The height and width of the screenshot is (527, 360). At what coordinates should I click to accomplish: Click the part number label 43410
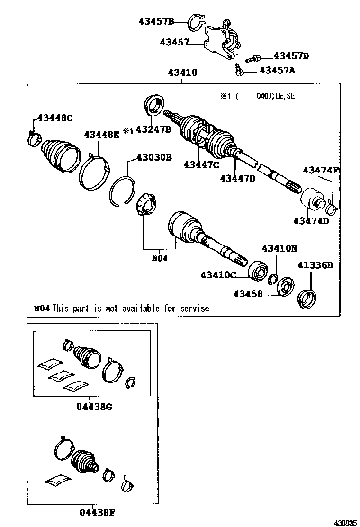coord(182,73)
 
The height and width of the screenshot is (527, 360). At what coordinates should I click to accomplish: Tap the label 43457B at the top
coord(157,21)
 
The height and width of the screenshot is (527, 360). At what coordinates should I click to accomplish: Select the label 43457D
coord(291,56)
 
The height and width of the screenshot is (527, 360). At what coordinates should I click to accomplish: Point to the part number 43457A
coord(277,71)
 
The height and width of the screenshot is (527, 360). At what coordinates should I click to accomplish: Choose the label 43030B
coord(154,157)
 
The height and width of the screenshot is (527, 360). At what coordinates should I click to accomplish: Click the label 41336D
coord(315,265)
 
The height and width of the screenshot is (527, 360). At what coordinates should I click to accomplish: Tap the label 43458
coord(248,294)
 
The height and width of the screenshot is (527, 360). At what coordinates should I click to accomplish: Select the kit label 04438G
coord(95,406)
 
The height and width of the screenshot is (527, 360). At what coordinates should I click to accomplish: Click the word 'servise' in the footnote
coord(194,308)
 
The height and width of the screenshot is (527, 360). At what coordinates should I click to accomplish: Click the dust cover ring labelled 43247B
coord(154,105)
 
